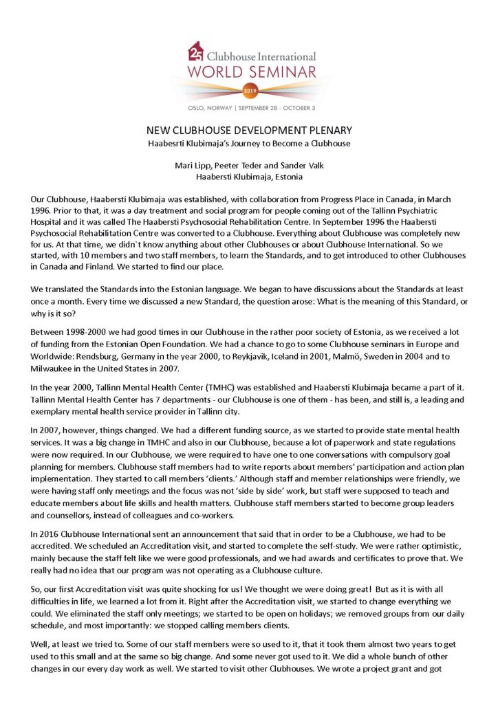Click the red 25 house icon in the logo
[x=195, y=52]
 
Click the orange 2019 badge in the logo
[x=249, y=89]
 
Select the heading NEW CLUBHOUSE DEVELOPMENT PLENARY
[x=249, y=130]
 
